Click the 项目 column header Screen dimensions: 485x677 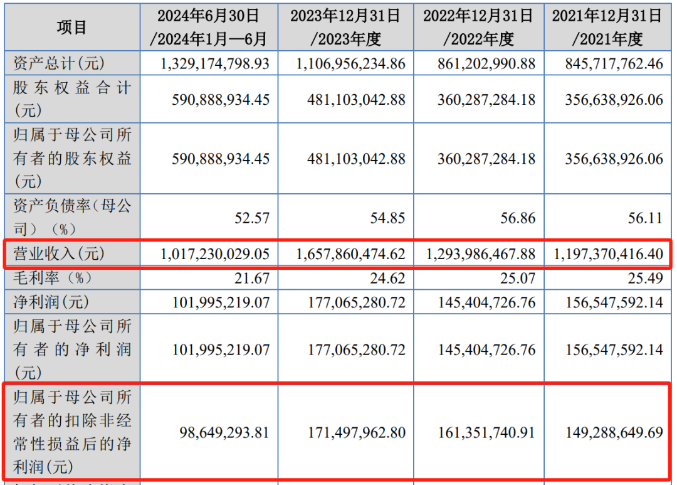(72, 27)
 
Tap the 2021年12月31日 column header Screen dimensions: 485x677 (606, 27)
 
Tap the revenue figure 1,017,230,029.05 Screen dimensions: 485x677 (215, 255)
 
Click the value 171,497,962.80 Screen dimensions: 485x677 (356, 432)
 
